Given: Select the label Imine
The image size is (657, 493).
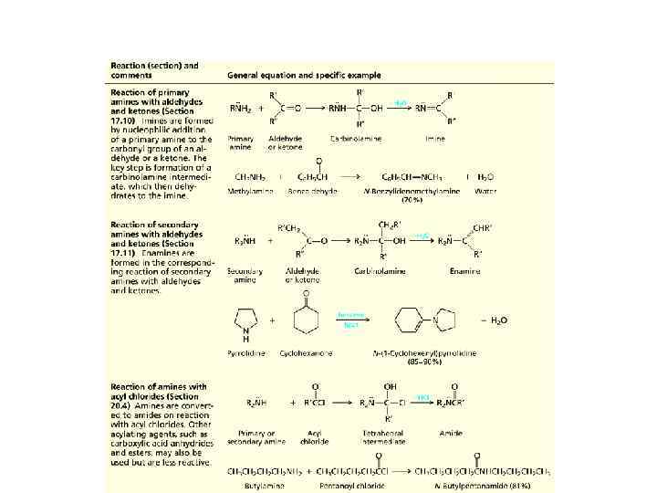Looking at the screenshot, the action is (x=434, y=138).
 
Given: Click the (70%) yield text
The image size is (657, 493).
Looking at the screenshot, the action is (x=412, y=199).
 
